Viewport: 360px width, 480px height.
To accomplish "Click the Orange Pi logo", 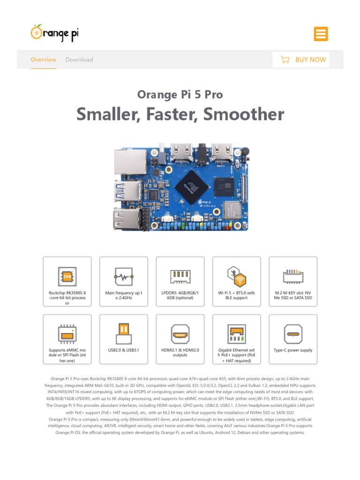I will tap(54, 33).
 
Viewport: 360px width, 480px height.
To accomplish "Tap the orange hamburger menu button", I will tap(321, 34).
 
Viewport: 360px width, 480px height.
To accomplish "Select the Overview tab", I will tap(43, 60).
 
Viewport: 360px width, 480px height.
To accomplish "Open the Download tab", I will tap(79, 60).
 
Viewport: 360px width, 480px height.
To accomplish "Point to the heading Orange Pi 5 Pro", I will tap(180, 95).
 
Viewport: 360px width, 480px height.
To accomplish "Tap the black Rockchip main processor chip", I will tap(192, 187).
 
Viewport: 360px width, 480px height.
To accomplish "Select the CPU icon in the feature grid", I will tap(67, 276).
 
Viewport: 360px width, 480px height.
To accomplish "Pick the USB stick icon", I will tap(123, 333).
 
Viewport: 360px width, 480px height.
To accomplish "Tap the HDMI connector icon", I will tap(180, 334).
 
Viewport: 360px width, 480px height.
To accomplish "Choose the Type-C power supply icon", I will tap(293, 334).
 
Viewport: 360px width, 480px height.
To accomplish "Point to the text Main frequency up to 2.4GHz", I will tap(123, 295).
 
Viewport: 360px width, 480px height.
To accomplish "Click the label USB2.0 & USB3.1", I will tap(123, 350).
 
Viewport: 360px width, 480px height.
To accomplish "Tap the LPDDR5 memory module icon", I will tap(180, 276).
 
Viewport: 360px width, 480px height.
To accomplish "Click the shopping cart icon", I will tap(285, 60).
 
